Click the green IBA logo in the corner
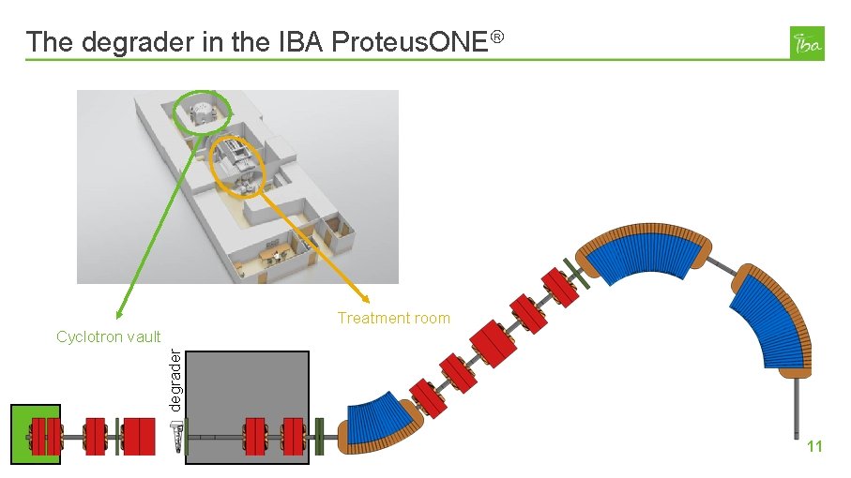[x=808, y=43]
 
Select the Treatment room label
[x=393, y=319]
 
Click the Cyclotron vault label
[x=108, y=336]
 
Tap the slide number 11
[x=814, y=447]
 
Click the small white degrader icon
[x=175, y=435]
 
